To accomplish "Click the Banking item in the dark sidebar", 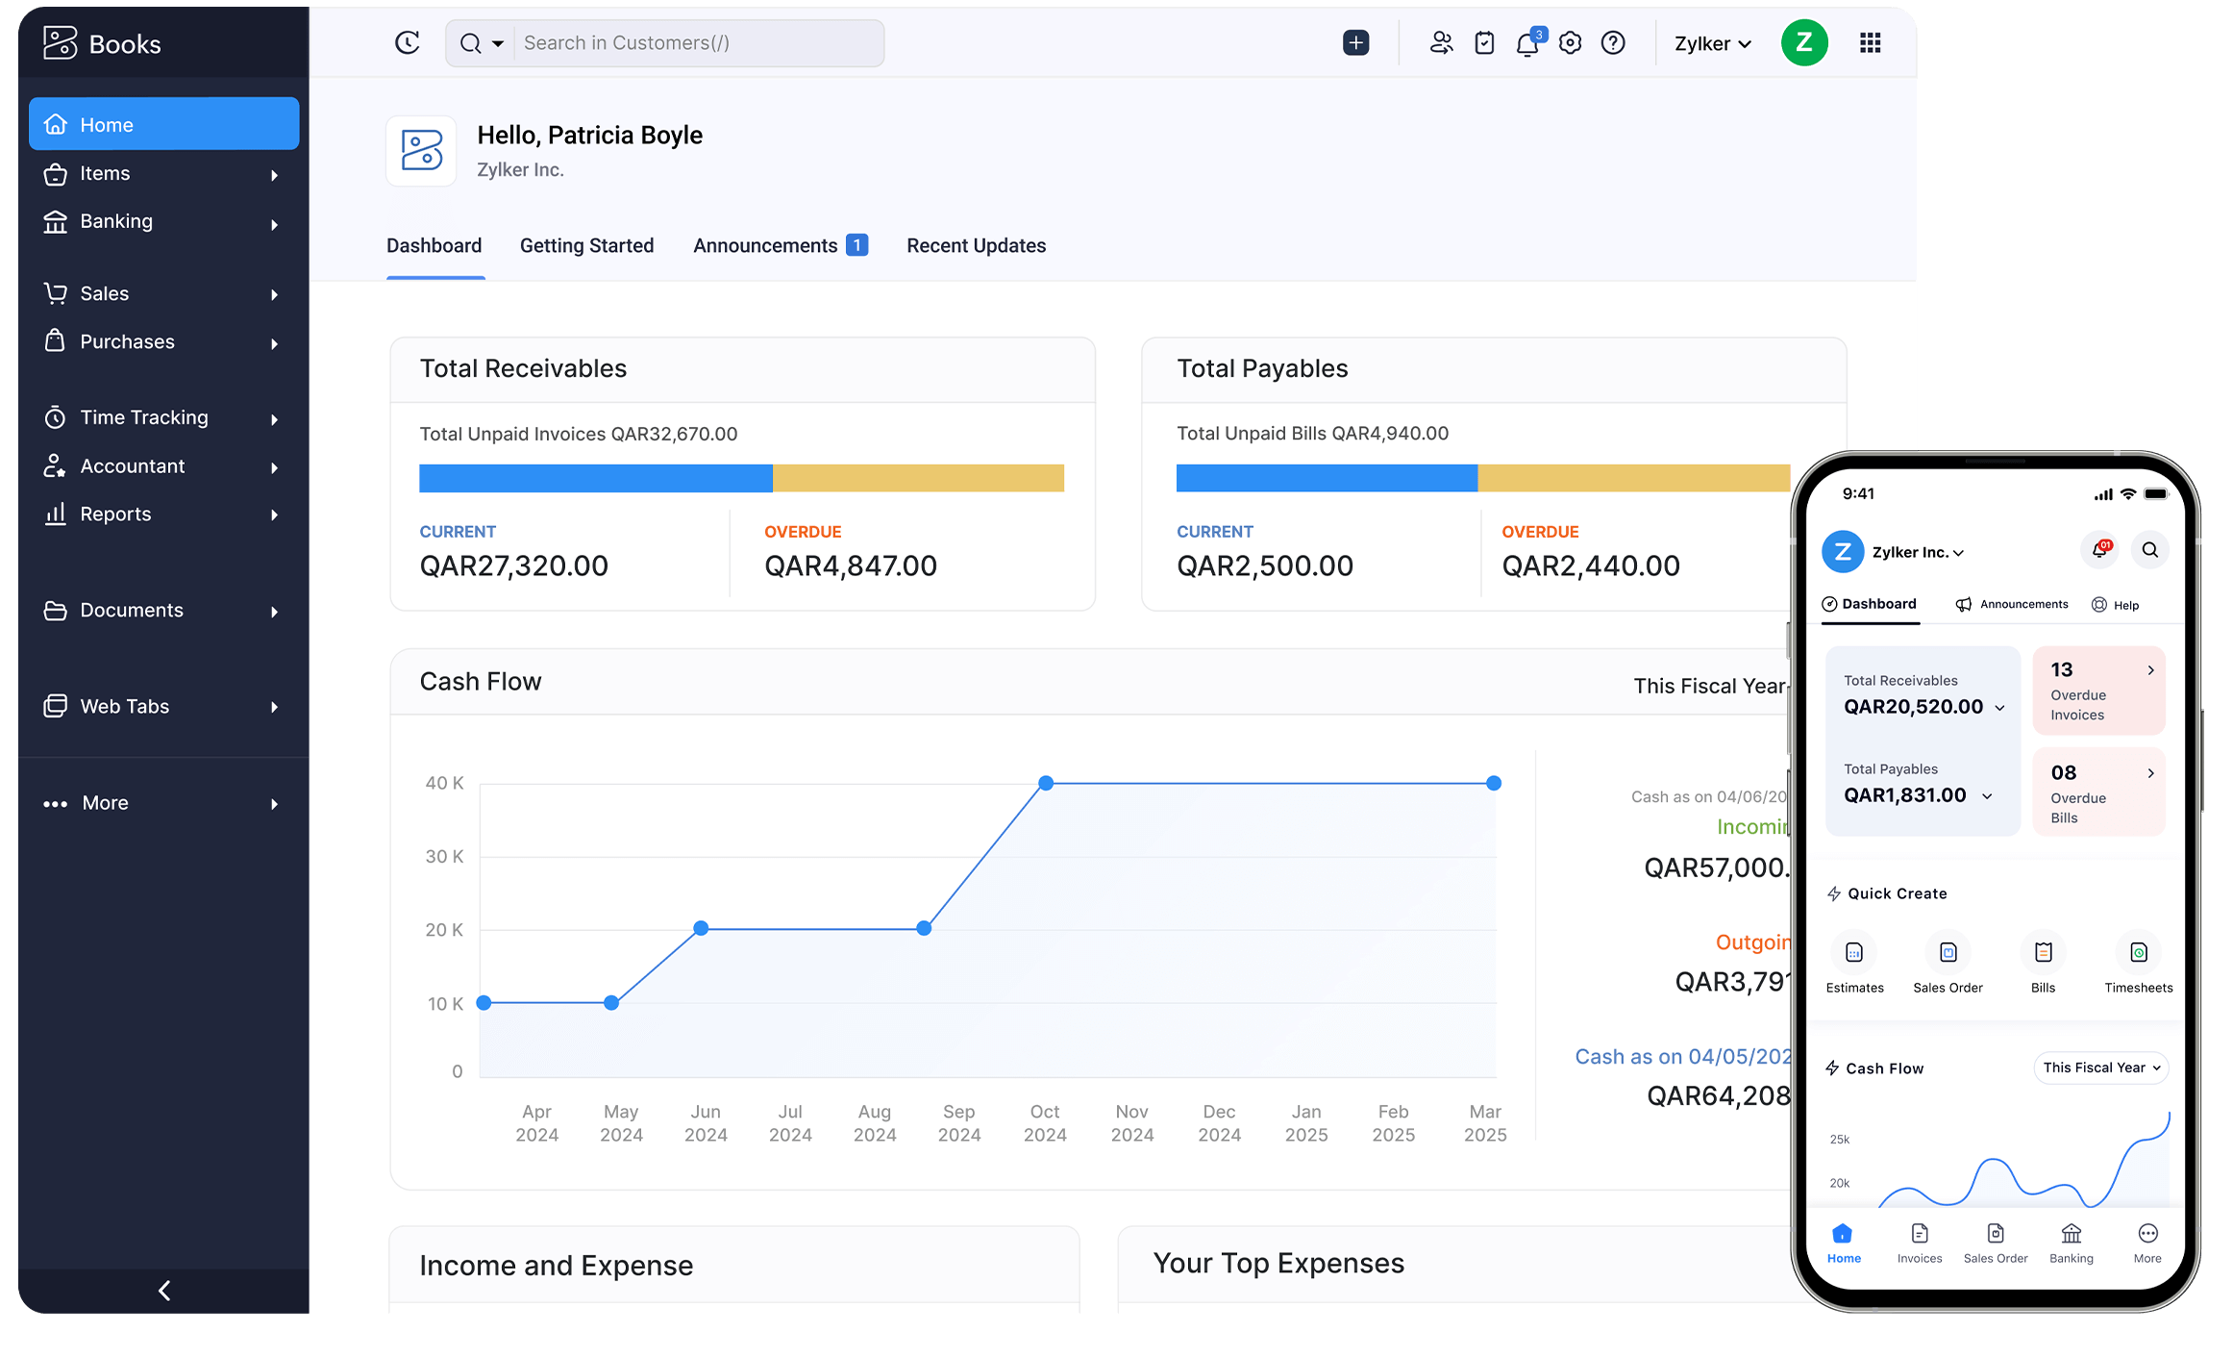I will pyautogui.click(x=116, y=221).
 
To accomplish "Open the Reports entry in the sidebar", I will pyautogui.click(x=115, y=514).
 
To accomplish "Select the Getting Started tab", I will pyautogui.click(x=586, y=245).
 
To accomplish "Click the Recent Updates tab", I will pyautogui.click(x=976, y=245).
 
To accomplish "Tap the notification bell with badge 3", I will pyautogui.click(x=1526, y=43).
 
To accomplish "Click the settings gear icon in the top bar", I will pyautogui.click(x=1570, y=43).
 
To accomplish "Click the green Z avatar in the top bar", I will pyautogui.click(x=1803, y=43).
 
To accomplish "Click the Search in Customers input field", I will pyautogui.click(x=697, y=43).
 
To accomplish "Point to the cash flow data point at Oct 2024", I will pyautogui.click(x=1046, y=783).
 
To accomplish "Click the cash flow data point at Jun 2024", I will pyautogui.click(x=701, y=928).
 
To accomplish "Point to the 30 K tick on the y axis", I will pyautogui.click(x=444, y=856).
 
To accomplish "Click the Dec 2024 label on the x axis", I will pyautogui.click(x=1219, y=1122).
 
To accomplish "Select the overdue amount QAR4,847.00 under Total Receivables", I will pyautogui.click(x=850, y=565).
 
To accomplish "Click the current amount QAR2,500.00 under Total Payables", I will pyautogui.click(x=1264, y=565).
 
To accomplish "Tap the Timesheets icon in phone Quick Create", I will pyautogui.click(x=2138, y=953).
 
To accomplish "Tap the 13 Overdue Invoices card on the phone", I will pyautogui.click(x=2098, y=691).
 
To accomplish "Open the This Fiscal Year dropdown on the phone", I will pyautogui.click(x=2101, y=1068).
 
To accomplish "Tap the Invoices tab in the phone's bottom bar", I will pyautogui.click(x=1919, y=1242).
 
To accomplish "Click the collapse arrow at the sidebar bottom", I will pyautogui.click(x=164, y=1290).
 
